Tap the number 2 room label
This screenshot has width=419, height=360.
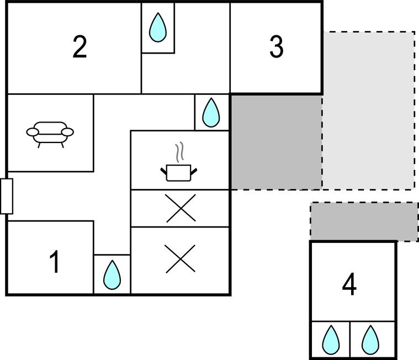79,47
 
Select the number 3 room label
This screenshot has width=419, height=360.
276,47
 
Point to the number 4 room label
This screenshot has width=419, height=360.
349,285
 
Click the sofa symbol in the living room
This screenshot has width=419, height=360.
50,134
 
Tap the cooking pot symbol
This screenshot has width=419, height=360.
179,172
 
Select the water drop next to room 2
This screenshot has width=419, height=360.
158,28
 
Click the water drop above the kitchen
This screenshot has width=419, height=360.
211,113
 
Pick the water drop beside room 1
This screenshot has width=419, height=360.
112,275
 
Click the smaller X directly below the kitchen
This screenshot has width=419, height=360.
181,209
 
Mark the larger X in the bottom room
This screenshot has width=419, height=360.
181,258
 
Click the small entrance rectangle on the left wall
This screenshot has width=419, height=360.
7,196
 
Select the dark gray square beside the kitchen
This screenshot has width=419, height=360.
276,141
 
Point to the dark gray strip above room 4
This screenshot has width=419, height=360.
364,221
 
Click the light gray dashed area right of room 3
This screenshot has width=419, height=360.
369,110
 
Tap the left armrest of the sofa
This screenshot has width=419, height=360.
33,132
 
